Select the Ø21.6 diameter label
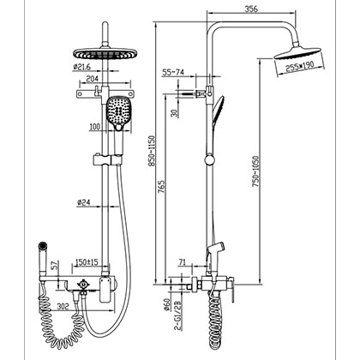[x=83, y=66]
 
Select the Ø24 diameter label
[x=84, y=202]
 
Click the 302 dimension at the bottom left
[x=63, y=303]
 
